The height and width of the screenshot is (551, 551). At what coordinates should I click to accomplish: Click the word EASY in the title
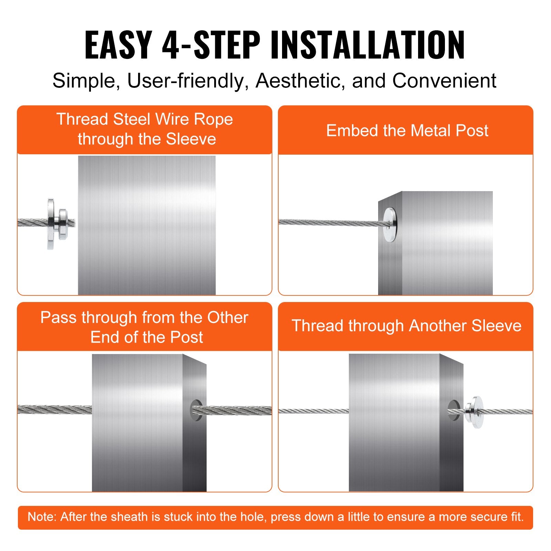pyautogui.click(x=118, y=45)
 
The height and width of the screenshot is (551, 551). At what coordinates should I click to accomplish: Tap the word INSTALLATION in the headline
pyautogui.click(x=367, y=45)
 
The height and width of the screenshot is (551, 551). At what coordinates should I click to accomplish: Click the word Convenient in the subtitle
pyautogui.click(x=444, y=81)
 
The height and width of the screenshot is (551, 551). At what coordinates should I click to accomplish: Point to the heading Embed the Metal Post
pyautogui.click(x=407, y=131)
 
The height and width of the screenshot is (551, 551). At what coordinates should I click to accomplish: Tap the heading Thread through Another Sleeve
pyautogui.click(x=406, y=326)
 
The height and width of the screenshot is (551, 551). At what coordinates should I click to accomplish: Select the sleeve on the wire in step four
pyautogui.click(x=475, y=412)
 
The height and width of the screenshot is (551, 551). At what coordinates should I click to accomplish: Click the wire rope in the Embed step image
pyautogui.click(x=327, y=223)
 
